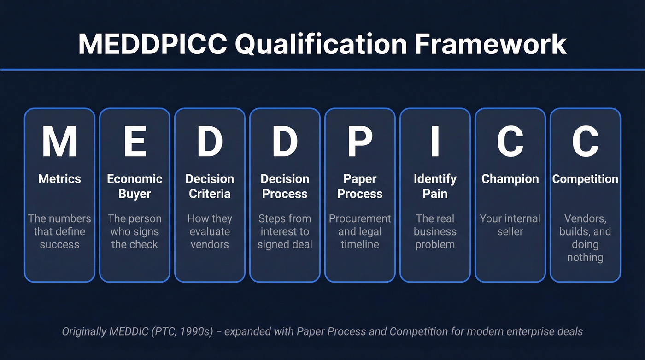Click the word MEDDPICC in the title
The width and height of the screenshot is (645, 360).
pyautogui.click(x=152, y=44)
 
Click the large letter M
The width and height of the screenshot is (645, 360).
pyautogui.click(x=59, y=142)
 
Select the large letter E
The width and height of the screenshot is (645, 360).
pyautogui.click(x=135, y=142)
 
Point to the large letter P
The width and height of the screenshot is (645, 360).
pyautogui.click(x=360, y=142)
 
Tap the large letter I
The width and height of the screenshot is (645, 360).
pyautogui.click(x=435, y=142)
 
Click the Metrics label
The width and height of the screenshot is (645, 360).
pyautogui.click(x=59, y=179)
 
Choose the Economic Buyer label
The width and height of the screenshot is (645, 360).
pyautogui.click(x=135, y=186)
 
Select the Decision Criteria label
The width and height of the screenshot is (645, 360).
pyautogui.click(x=210, y=186)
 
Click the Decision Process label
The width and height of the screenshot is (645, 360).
pyautogui.click(x=285, y=186)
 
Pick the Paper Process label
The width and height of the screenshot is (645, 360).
pyautogui.click(x=360, y=186)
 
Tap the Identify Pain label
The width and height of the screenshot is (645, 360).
pyautogui.click(x=435, y=186)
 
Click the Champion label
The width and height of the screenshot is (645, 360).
pyautogui.click(x=510, y=179)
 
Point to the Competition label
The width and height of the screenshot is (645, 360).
pyautogui.click(x=585, y=179)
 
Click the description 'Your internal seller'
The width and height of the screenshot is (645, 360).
pyautogui.click(x=510, y=225)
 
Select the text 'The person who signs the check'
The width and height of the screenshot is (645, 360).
pyautogui.click(x=135, y=231)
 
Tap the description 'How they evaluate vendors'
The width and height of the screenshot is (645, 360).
pyautogui.click(x=210, y=231)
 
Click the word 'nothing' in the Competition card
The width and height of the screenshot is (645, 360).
pyautogui.click(x=585, y=257)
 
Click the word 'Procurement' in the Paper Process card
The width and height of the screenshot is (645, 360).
pyautogui.click(x=360, y=218)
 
